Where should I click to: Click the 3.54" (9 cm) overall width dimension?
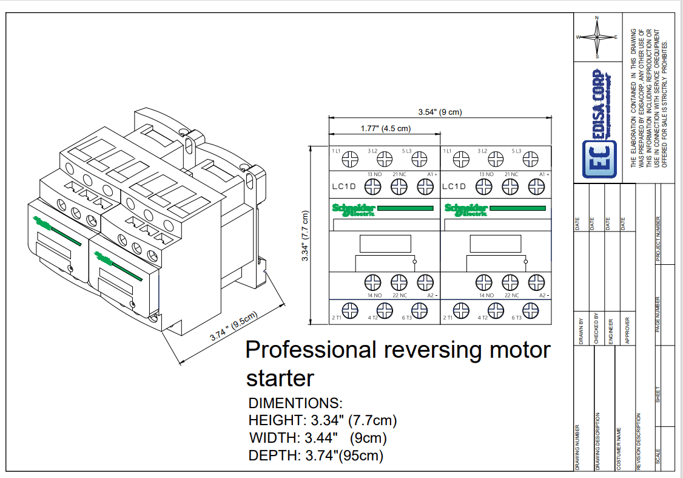tap(440, 112)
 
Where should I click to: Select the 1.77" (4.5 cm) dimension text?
tap(385, 128)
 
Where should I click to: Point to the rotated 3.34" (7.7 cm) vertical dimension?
tap(306, 236)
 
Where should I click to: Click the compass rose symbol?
tap(597, 37)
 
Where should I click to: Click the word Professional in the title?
tap(311, 350)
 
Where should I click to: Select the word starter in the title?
tap(280, 378)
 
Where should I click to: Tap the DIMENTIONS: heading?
tap(296, 403)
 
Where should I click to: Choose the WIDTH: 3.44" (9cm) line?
tap(318, 437)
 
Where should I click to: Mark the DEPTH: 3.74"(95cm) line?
tap(316, 455)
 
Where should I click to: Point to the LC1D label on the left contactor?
tap(345, 186)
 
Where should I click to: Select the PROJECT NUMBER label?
tap(659, 239)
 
